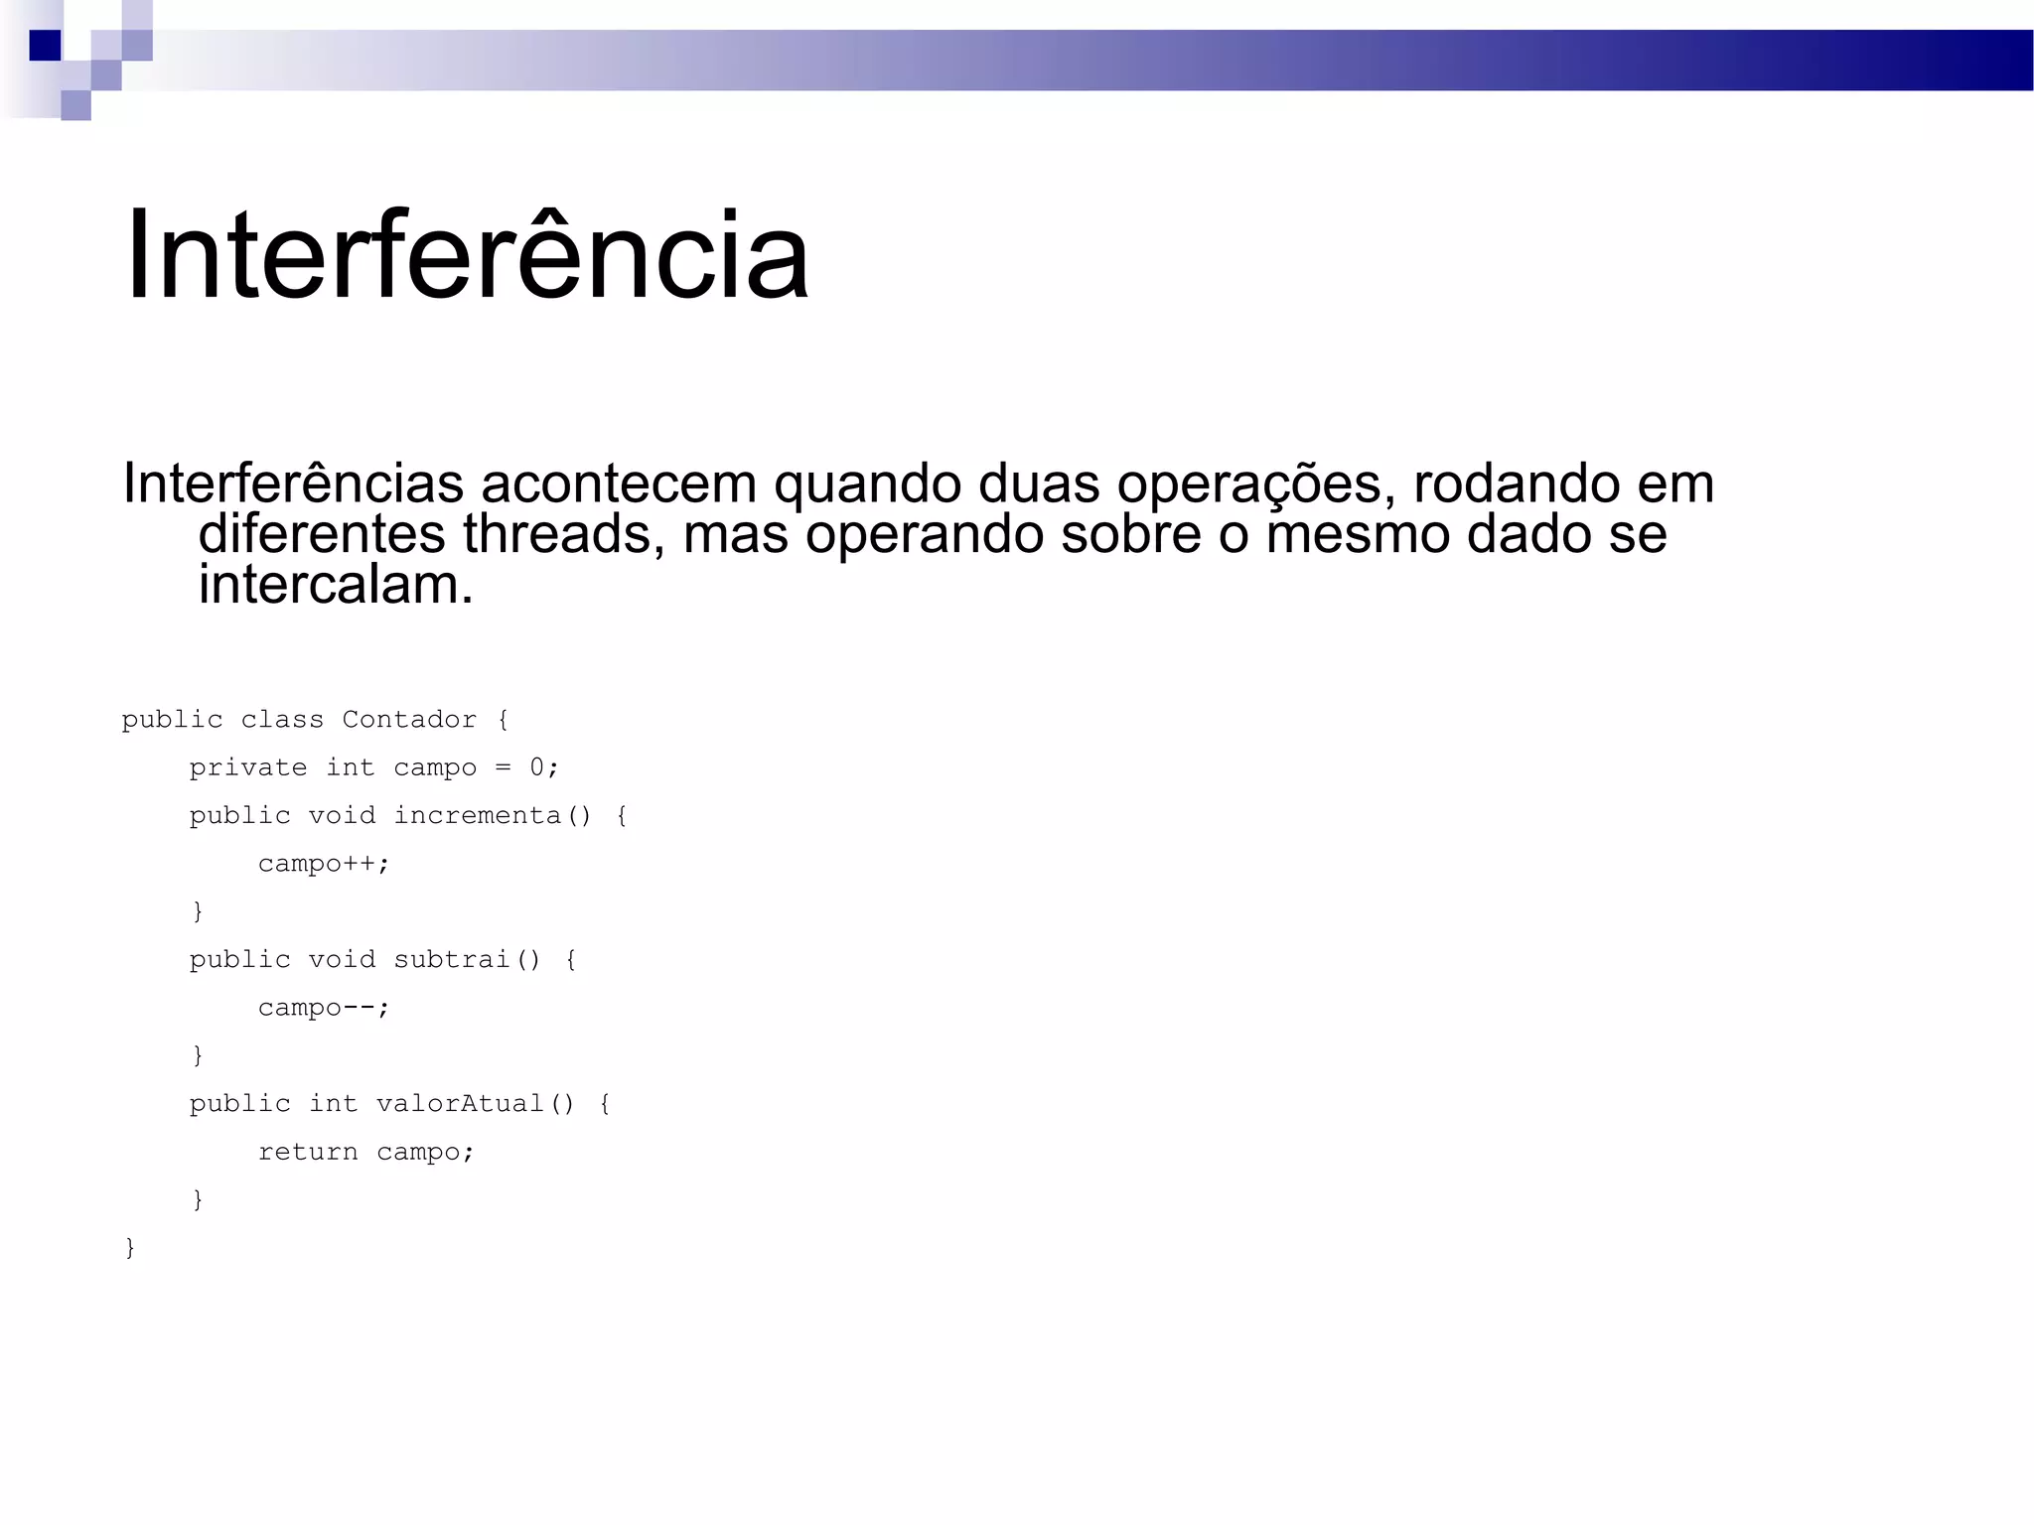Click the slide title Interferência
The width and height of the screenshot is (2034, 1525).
(467, 255)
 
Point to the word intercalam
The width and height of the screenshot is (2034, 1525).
(336, 585)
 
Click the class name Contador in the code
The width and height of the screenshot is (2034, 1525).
(409, 720)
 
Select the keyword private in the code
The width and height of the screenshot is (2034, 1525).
(248, 767)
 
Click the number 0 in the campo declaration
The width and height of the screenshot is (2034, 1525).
(537, 767)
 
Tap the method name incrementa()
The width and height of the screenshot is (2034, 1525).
(493, 815)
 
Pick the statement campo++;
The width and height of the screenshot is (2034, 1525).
(324, 864)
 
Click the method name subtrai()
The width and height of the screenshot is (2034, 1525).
(467, 959)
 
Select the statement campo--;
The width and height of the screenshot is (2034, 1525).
(324, 1008)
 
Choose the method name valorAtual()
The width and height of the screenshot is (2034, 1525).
(476, 1104)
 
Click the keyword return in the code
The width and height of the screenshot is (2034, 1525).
(308, 1152)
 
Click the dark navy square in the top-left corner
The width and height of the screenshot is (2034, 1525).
(45, 46)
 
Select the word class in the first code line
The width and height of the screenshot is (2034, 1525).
(282, 720)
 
